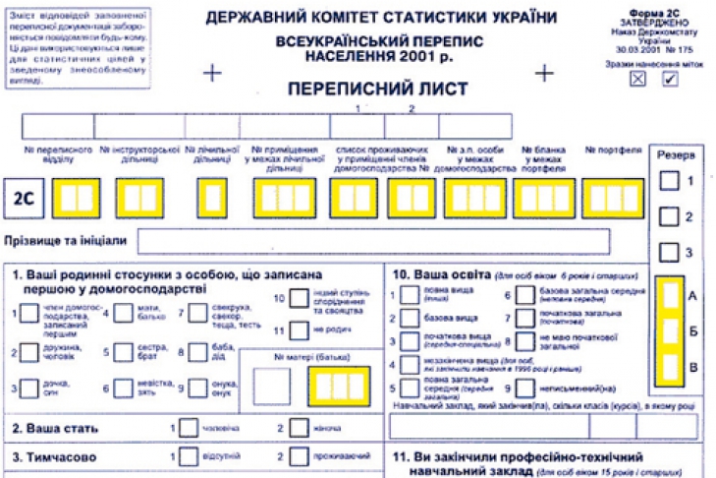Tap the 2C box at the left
[23, 198]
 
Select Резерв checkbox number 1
[669, 181]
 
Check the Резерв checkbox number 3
[669, 252]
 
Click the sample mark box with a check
[670, 80]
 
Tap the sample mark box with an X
[638, 80]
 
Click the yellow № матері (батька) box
[339, 387]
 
